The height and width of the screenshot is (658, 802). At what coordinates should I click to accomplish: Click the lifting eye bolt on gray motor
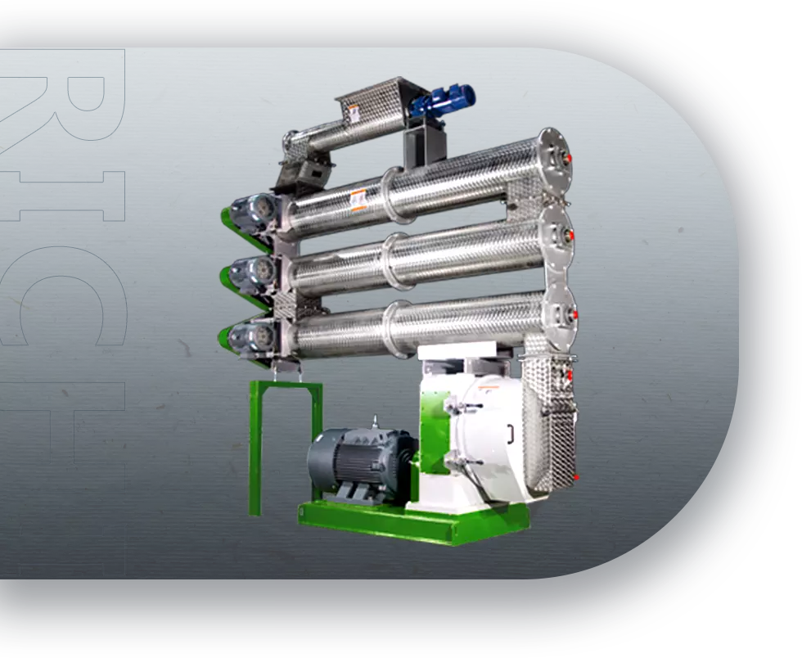click(375, 422)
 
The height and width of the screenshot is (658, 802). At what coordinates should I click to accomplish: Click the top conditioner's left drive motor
click(254, 212)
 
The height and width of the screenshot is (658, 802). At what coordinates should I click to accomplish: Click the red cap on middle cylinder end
click(570, 236)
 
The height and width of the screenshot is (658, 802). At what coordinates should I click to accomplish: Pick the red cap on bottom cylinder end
click(574, 314)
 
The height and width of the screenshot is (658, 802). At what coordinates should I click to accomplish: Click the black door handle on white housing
click(510, 434)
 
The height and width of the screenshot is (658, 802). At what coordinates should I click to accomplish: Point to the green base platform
click(413, 522)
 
